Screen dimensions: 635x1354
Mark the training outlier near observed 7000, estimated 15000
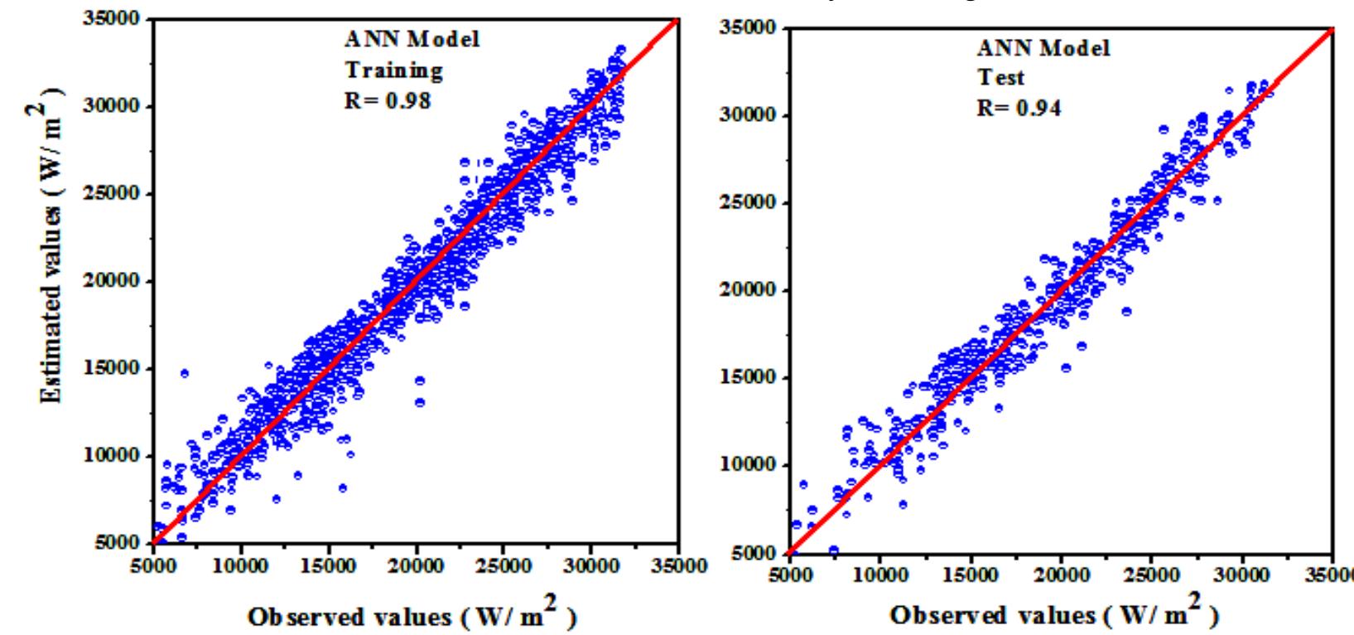tap(184, 374)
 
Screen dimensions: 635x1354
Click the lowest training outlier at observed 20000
tap(420, 403)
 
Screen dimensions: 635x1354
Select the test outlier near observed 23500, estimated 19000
tap(1126, 312)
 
